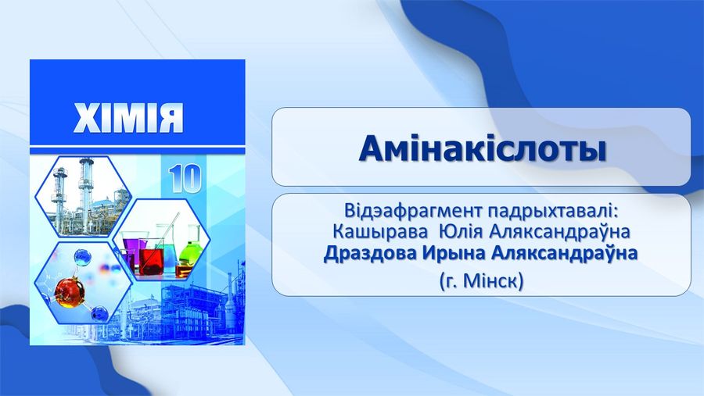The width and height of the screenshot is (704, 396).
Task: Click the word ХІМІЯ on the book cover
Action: [x=128, y=118]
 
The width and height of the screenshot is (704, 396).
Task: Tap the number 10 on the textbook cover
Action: [x=185, y=178]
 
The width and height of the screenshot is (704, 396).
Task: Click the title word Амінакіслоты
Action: [x=483, y=149]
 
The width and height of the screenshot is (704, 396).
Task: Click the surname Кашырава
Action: [x=381, y=232]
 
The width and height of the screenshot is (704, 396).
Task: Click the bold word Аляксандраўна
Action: [x=564, y=253]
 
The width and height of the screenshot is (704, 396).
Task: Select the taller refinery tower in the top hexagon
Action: [x=86, y=194]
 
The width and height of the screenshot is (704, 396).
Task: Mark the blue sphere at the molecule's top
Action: [x=83, y=258]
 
